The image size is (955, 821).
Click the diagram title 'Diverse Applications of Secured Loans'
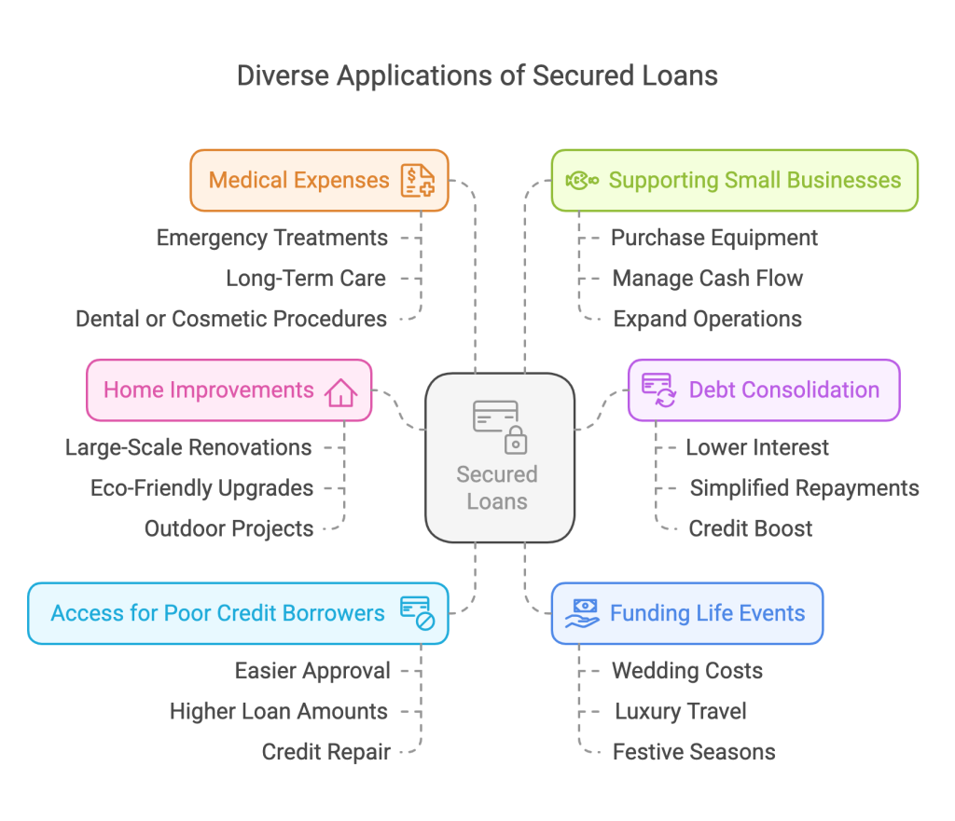click(477, 75)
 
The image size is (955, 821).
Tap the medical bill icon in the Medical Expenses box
click(417, 180)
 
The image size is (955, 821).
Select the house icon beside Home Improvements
click(340, 390)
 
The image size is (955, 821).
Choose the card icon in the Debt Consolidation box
click(658, 390)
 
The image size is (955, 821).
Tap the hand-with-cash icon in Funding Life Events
click(582, 613)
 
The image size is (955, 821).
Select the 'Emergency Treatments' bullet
click(271, 238)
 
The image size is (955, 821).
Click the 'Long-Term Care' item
click(306, 278)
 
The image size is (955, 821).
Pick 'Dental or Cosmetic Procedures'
click(231, 319)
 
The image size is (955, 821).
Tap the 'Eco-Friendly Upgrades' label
click(201, 487)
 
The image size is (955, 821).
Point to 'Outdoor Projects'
click(228, 528)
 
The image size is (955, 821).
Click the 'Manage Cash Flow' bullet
click(707, 278)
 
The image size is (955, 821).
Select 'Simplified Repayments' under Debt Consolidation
click(804, 487)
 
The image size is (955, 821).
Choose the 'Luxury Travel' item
click(680, 711)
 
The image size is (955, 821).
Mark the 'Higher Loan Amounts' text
click(278, 711)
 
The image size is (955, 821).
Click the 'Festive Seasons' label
click(693, 752)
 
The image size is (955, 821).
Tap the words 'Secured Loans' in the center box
click(497, 487)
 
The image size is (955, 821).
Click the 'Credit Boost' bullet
click(750, 528)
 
